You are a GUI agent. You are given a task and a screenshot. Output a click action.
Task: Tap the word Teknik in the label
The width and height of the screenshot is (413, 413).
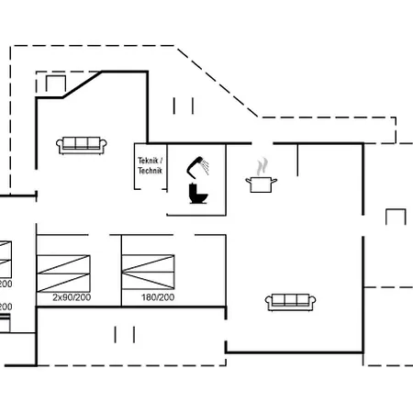click(148, 161)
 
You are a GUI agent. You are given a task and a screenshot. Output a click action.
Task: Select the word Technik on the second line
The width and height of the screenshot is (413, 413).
click(150, 171)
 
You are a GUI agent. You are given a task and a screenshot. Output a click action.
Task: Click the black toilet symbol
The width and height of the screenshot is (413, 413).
click(197, 194)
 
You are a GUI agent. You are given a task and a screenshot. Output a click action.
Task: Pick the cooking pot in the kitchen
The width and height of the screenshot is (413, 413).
click(262, 183)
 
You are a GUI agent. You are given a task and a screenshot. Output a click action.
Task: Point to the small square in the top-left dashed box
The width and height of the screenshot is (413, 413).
click(54, 84)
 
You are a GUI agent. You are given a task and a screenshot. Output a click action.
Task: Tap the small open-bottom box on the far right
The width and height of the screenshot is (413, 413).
click(396, 218)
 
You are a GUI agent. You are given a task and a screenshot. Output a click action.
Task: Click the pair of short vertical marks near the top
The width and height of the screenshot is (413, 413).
click(183, 106)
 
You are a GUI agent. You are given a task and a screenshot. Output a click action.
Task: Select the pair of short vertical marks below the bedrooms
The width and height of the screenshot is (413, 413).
click(125, 334)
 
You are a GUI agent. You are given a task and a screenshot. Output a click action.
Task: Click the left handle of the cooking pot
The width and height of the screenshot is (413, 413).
click(249, 180)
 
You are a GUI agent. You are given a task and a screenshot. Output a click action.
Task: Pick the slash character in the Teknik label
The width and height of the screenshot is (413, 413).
click(162, 161)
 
